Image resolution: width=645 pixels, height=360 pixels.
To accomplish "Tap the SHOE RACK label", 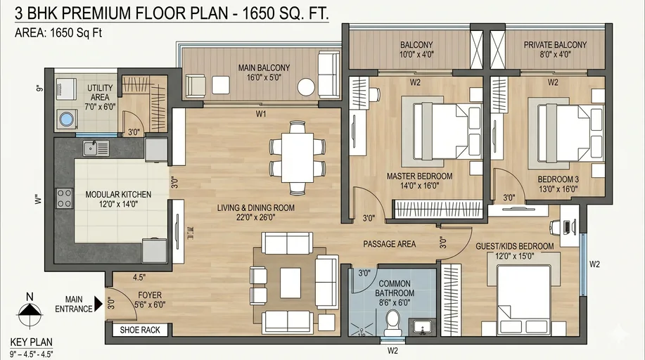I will click(x=140, y=330).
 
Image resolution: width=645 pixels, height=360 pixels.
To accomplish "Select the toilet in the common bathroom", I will click(x=393, y=323).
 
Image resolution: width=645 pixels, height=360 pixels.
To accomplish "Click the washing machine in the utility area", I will click(x=67, y=118).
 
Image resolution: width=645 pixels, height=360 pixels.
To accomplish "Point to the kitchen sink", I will click(x=92, y=148).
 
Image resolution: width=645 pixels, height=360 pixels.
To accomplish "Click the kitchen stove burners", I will click(x=65, y=198).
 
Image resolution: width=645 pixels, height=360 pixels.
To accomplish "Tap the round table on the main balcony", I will click(x=306, y=87).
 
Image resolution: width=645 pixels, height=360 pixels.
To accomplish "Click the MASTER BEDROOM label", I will click(x=419, y=176).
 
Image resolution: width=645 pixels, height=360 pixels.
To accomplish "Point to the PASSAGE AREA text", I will click(x=389, y=244).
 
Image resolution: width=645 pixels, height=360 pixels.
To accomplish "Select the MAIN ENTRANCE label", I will click(x=78, y=304).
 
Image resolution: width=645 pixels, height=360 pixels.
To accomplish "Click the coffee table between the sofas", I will click(x=290, y=283).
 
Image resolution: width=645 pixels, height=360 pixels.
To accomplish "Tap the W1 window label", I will click(x=261, y=113).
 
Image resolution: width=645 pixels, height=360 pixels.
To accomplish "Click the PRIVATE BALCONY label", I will click(x=555, y=45).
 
